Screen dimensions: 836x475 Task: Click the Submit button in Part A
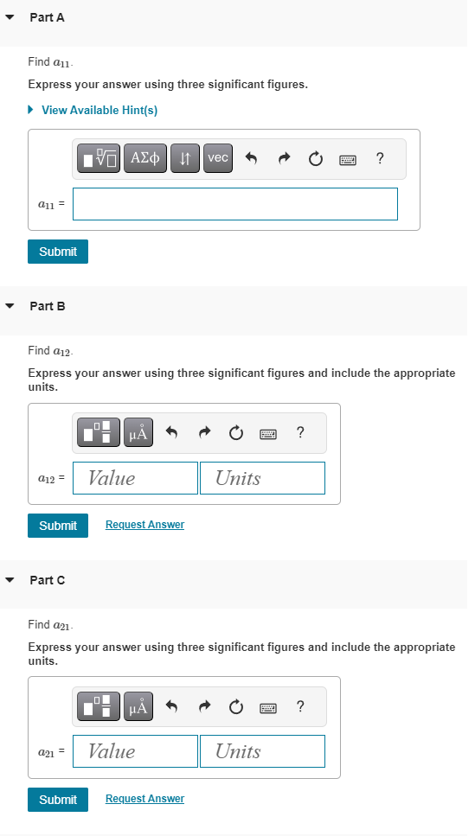pyautogui.click(x=57, y=252)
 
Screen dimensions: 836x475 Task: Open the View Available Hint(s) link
pyautogui.click(x=99, y=110)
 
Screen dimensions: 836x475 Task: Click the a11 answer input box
pyautogui.click(x=234, y=204)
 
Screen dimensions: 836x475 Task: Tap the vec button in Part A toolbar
pyautogui.click(x=218, y=158)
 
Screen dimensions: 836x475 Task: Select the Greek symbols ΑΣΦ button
pyautogui.click(x=146, y=158)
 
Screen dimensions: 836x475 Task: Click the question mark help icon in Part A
pyautogui.click(x=381, y=158)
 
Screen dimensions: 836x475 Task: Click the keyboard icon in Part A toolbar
pyautogui.click(x=348, y=159)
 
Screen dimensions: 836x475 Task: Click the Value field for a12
pyautogui.click(x=135, y=478)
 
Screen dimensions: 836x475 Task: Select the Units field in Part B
pyautogui.click(x=262, y=478)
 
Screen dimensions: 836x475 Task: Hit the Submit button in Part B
pyautogui.click(x=57, y=525)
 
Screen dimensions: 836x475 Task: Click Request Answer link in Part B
pyautogui.click(x=144, y=525)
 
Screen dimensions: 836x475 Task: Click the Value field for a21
pyautogui.click(x=135, y=751)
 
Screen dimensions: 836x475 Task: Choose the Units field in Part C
pyautogui.click(x=262, y=751)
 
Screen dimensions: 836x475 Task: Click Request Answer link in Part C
pyautogui.click(x=144, y=799)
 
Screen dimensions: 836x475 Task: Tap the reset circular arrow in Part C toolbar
pyautogui.click(x=235, y=707)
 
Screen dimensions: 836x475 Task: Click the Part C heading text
pyautogui.click(x=48, y=580)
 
